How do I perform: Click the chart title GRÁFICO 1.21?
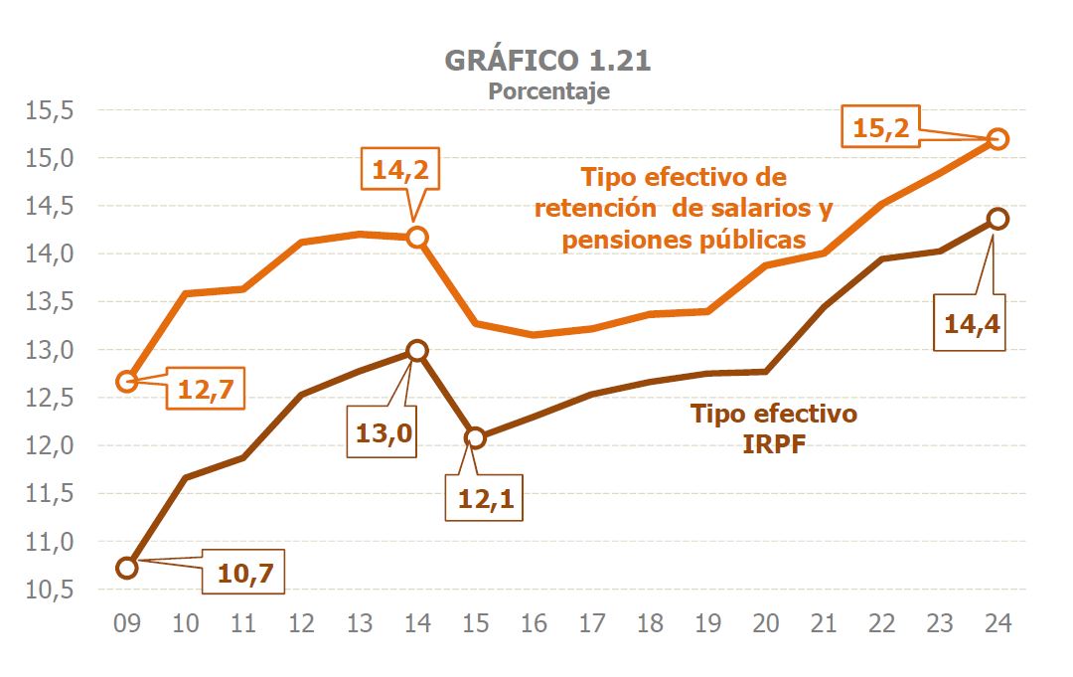547,60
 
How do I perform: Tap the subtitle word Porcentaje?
547,91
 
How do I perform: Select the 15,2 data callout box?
881,127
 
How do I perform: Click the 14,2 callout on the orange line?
400,170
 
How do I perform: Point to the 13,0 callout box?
383,432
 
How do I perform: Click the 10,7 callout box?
244,572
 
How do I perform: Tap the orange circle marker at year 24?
997,139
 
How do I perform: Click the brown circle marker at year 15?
476,437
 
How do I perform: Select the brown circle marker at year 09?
127,568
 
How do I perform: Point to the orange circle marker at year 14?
417,237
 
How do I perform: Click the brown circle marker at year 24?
997,219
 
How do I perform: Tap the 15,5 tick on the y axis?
51,110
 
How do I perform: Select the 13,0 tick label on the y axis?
51,350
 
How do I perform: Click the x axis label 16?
534,623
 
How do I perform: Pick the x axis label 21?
824,623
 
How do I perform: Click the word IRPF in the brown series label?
773,443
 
